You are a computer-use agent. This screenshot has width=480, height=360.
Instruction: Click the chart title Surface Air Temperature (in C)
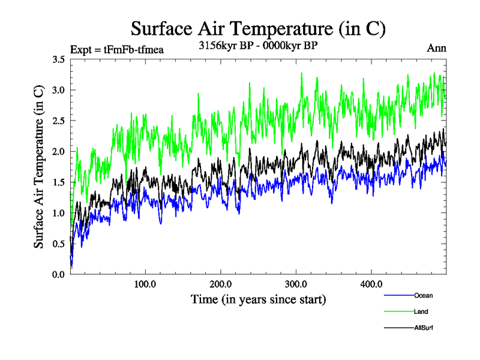(x=258, y=28)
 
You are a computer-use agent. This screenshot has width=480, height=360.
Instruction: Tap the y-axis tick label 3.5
(x=59, y=59)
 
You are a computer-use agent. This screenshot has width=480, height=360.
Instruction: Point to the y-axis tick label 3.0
(x=59, y=90)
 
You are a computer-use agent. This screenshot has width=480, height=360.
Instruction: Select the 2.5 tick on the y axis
(x=59, y=121)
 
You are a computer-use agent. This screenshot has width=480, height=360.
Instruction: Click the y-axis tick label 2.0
(x=59, y=151)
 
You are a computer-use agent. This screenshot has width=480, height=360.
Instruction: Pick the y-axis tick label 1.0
(x=59, y=213)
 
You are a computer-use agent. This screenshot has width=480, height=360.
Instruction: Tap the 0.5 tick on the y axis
(x=59, y=244)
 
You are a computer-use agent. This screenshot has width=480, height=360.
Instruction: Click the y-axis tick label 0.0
(x=59, y=274)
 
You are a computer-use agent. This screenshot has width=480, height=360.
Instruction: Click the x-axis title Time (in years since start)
(x=259, y=298)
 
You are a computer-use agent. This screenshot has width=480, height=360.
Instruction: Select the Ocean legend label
(x=423, y=295)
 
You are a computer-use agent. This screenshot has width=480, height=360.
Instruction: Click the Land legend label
(x=421, y=311)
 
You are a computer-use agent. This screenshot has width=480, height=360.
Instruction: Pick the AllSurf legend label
(x=424, y=328)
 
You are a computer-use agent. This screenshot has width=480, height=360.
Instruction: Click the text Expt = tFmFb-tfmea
(x=117, y=49)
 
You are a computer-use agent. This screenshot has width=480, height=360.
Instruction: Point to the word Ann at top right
(x=436, y=48)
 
